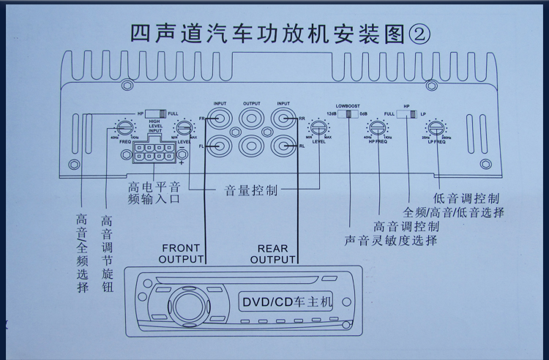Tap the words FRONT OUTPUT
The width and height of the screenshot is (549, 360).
pos(181,253)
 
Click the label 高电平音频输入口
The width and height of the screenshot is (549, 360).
pos(153,192)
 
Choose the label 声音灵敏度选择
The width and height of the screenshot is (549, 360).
pos(392,239)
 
